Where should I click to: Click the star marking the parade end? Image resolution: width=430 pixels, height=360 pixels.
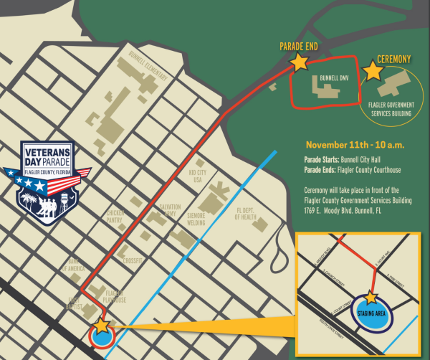[x=299, y=62]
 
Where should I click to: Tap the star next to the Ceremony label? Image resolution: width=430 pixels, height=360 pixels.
[x=373, y=70]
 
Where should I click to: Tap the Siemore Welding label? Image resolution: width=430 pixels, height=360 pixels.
[x=196, y=217]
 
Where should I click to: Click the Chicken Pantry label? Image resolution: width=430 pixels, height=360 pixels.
[x=116, y=216]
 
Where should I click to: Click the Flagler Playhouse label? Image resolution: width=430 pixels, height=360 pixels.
[x=115, y=296]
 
